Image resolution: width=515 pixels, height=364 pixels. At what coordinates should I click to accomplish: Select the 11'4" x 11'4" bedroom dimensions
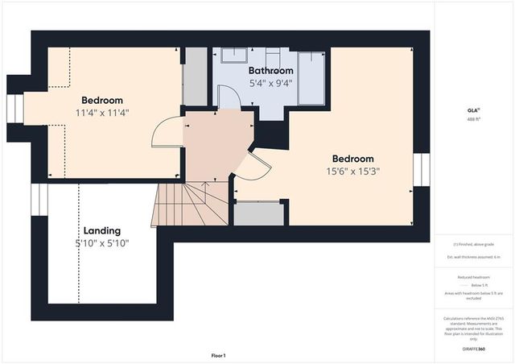pos(102,112)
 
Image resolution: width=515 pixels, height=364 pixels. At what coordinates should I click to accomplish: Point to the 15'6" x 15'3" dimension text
pos(353,171)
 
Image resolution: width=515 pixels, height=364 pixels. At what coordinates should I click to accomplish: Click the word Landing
pos(101,230)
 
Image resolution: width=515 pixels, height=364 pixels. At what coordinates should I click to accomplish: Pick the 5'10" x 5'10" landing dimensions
pos(101,243)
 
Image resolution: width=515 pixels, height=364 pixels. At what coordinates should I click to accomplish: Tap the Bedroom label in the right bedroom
pos(353,159)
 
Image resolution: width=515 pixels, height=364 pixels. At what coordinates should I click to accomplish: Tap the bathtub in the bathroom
pos(311,78)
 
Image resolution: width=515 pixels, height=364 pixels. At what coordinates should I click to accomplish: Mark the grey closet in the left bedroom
pos(196,77)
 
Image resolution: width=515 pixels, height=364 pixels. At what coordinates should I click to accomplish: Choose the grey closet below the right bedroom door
pos(257,213)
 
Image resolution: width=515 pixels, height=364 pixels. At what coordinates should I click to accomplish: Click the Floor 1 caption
pos(218,355)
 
